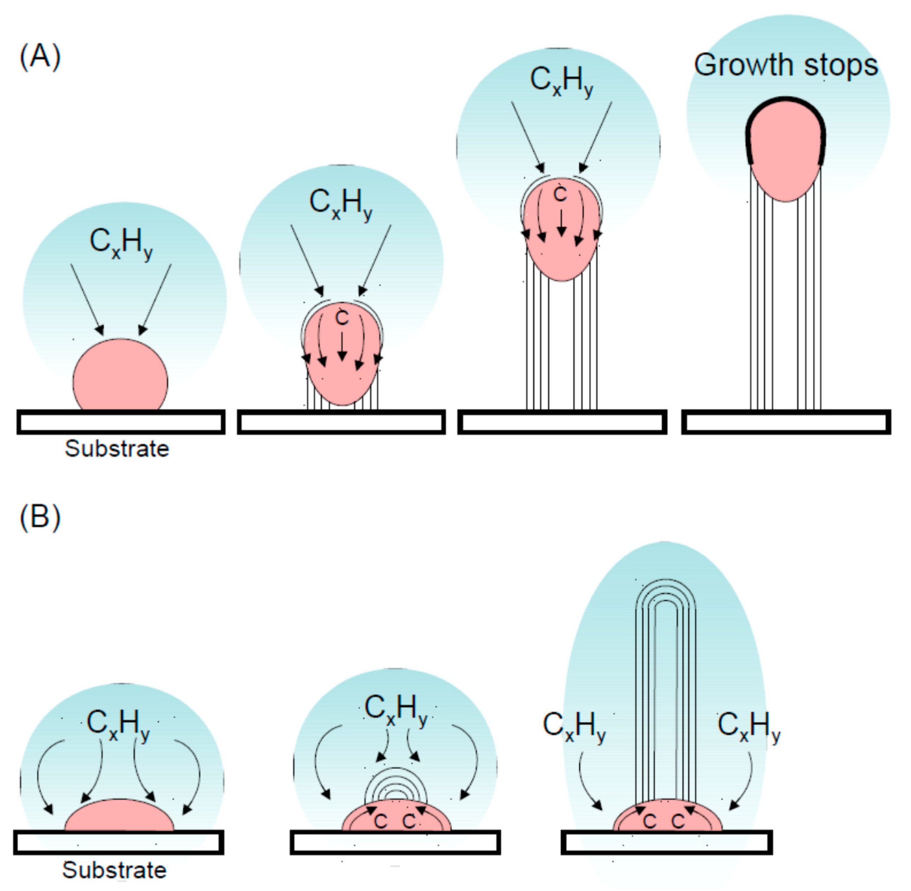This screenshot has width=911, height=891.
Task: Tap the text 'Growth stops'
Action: [786, 65]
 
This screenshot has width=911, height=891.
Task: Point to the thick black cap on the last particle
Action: [786, 101]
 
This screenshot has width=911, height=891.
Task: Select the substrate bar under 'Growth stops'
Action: [786, 422]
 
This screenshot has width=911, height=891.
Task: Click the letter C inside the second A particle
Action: [342, 318]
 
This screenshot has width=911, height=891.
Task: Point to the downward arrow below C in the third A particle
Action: [561, 222]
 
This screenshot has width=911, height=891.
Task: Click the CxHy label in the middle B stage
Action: [396, 709]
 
